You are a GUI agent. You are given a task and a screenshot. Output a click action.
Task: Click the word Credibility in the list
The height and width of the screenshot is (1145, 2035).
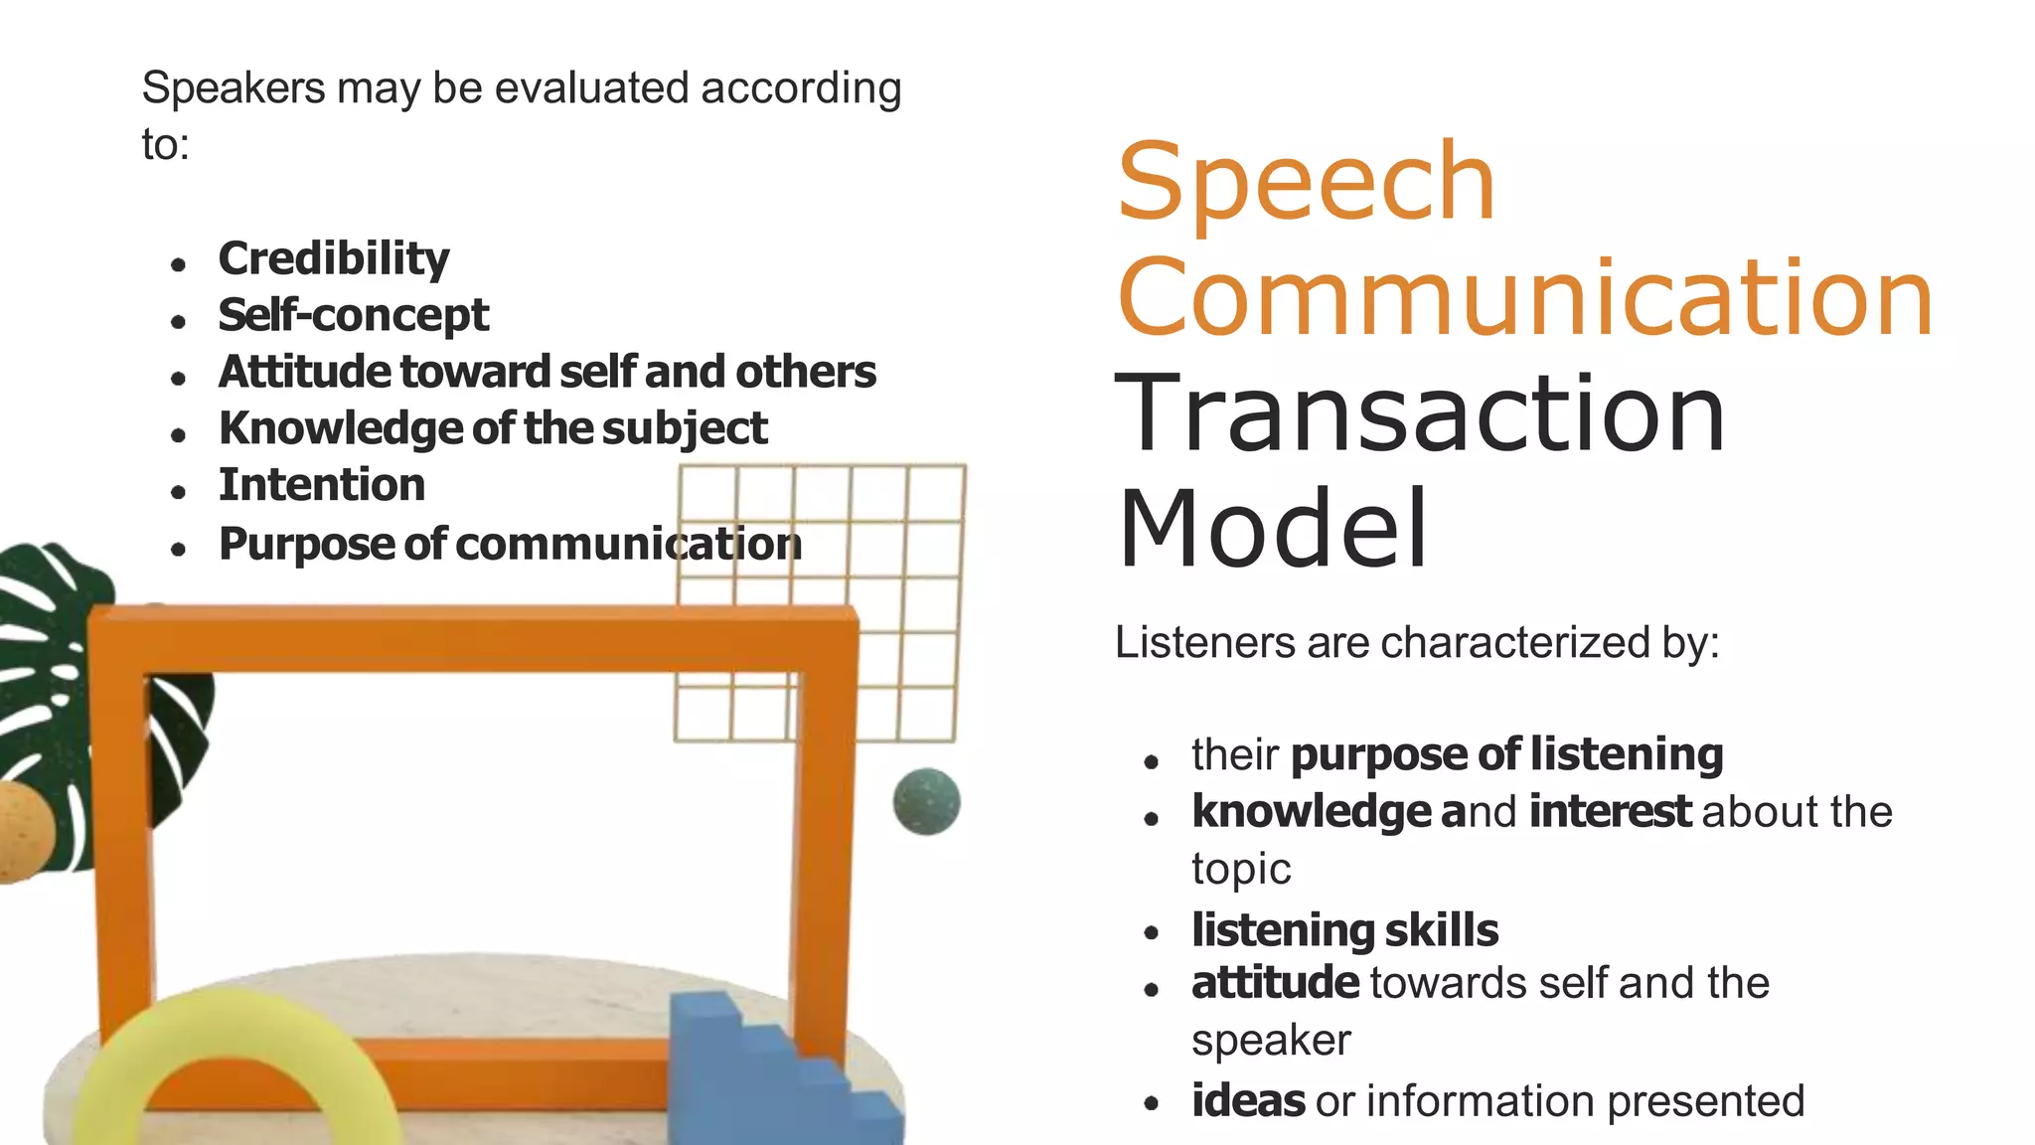point(334,258)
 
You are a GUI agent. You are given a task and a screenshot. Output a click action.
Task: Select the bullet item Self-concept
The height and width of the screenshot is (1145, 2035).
point(353,315)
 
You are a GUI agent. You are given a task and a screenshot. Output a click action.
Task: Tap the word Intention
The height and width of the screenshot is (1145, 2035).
point(321,485)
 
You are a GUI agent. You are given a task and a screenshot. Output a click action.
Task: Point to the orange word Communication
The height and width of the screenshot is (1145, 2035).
point(1524,297)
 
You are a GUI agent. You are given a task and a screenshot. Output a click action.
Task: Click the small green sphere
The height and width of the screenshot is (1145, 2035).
point(926,801)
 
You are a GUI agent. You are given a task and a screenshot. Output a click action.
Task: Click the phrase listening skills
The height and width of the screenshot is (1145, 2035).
point(1344,930)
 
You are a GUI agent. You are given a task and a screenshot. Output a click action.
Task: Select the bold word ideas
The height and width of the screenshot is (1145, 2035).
point(1247,1101)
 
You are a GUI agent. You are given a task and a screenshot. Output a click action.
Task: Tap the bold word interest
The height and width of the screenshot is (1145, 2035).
point(1609,811)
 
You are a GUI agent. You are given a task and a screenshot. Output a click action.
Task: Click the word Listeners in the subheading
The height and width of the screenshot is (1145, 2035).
point(1204,642)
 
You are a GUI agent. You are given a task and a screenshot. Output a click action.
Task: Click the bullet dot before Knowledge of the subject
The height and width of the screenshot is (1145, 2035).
point(179,434)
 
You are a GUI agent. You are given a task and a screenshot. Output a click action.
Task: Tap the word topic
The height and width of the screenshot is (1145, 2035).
point(1240,870)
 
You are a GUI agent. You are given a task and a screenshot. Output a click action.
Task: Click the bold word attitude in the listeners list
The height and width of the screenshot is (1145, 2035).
point(1274,983)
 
